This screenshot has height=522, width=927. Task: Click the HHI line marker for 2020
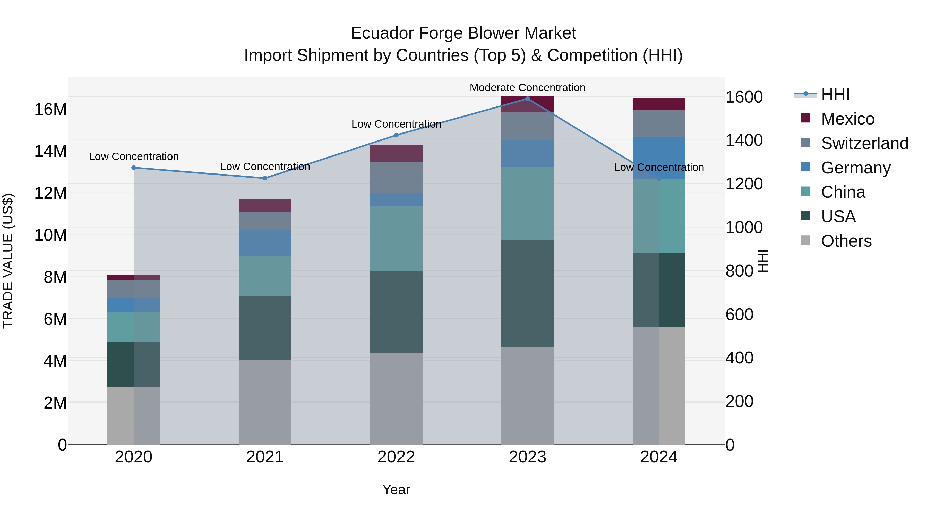tap(133, 168)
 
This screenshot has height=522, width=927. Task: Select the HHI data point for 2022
tap(396, 135)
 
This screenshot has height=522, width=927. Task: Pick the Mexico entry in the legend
tap(847, 119)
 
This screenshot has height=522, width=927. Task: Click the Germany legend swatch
tap(806, 167)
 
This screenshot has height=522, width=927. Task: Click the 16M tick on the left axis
tap(50, 109)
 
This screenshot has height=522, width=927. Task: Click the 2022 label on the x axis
tap(396, 457)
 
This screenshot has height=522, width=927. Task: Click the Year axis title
tap(396, 490)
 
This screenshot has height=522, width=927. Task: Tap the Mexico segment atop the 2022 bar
tap(396, 153)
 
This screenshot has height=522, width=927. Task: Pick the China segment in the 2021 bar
tap(265, 276)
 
